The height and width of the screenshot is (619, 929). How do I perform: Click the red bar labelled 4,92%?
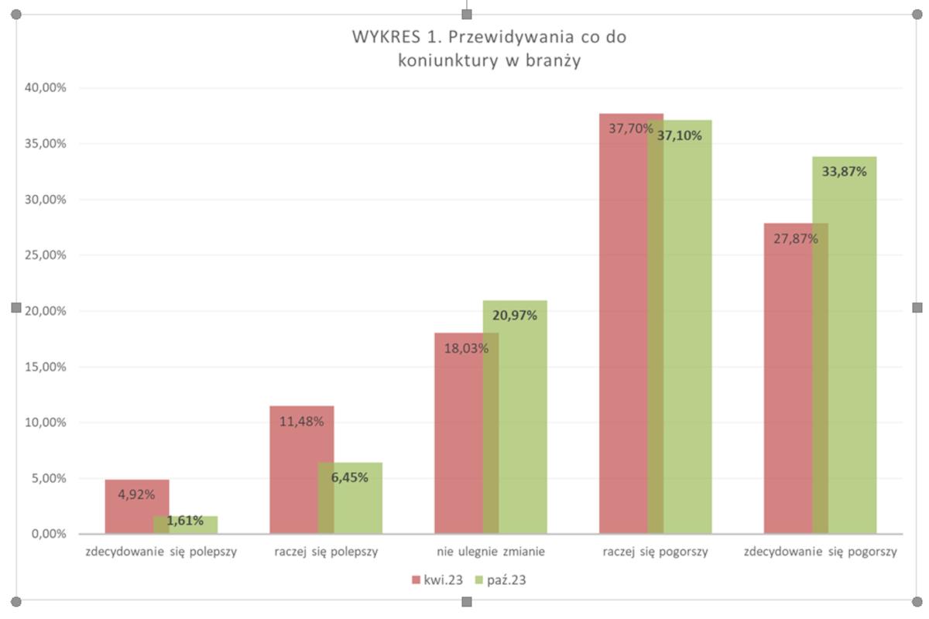[128, 507]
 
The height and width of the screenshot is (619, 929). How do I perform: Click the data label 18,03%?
[466, 348]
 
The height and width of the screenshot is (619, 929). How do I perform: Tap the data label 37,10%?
[680, 135]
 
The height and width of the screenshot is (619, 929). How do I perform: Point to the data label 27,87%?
[796, 238]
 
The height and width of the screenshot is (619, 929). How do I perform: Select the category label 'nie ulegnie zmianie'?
[491, 552]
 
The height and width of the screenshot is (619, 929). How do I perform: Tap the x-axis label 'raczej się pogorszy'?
[656, 552]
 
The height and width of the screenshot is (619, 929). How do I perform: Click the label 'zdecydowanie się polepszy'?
[161, 552]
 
